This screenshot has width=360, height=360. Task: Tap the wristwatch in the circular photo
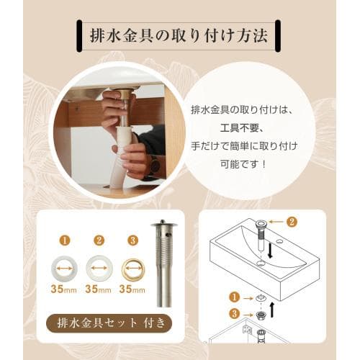[154, 164]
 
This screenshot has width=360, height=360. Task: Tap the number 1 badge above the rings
[65, 240]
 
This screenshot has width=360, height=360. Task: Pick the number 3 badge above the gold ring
[132, 240]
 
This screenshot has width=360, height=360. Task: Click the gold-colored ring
[132, 269]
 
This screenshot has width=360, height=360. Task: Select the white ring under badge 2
[99, 269]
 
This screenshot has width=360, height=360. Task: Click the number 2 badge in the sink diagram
[292, 223]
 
